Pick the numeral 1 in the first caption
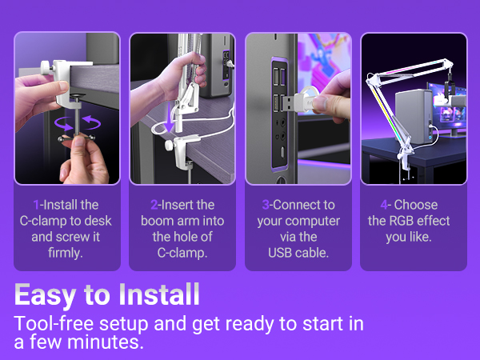36,205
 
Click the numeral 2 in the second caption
154,205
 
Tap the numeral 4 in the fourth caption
386,205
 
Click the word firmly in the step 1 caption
66,253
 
